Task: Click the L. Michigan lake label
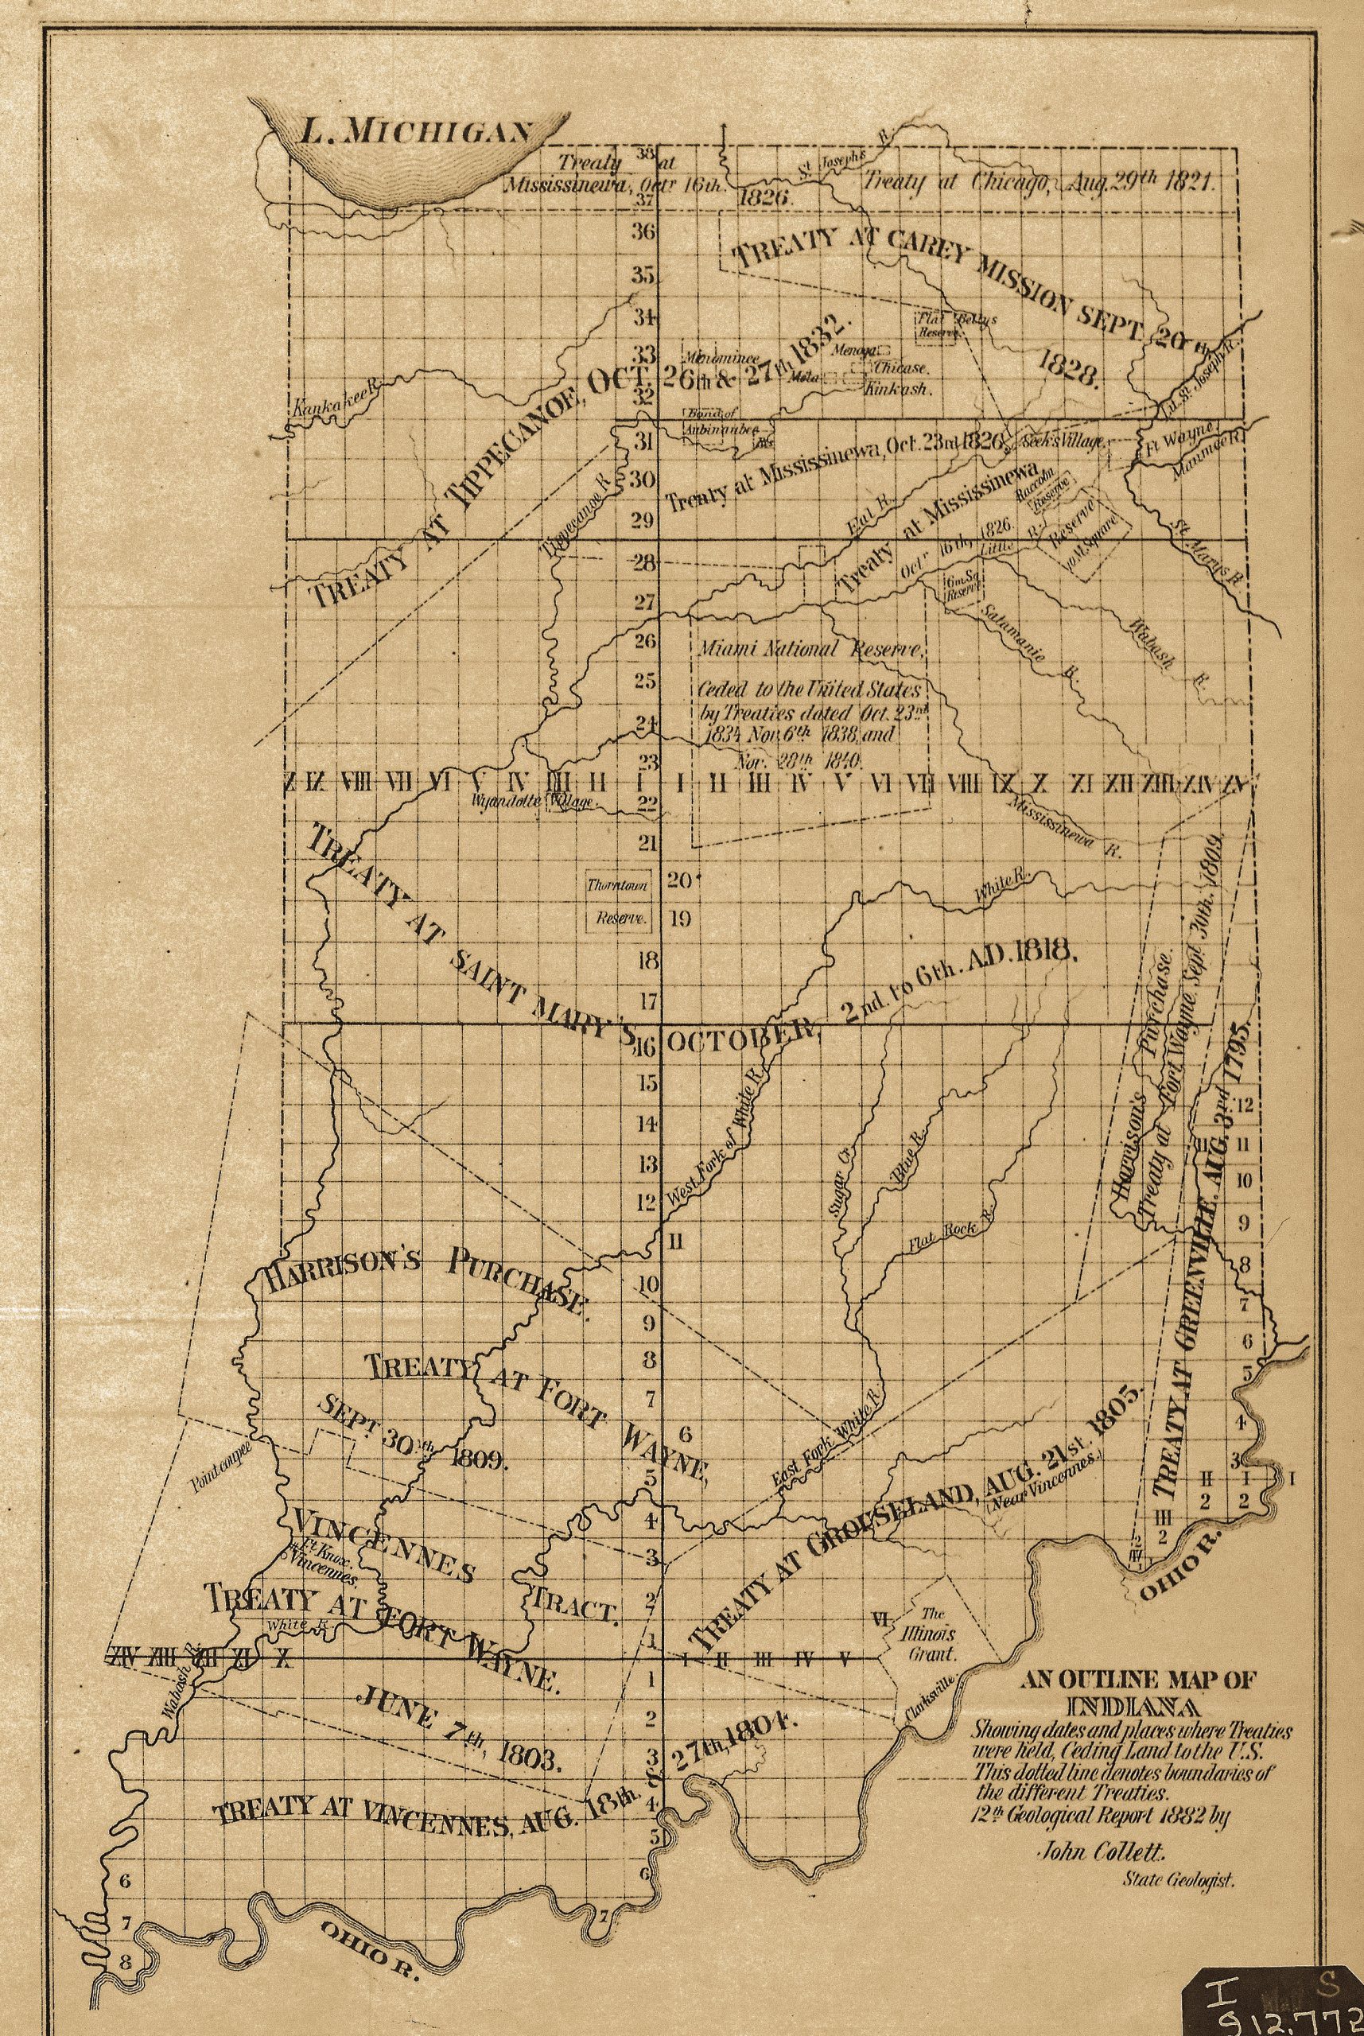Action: pyautogui.click(x=415, y=131)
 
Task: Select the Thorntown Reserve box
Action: pyautogui.click(x=619, y=902)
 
